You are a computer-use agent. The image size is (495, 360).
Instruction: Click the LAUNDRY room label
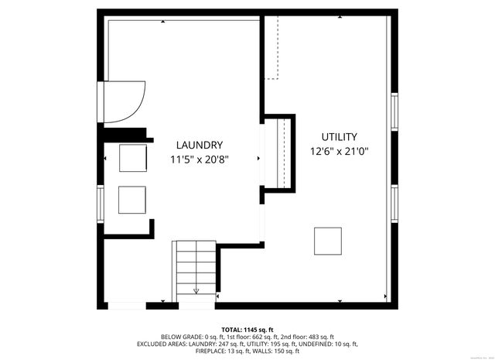[x=200, y=145]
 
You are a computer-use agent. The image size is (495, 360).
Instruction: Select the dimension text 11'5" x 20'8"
[x=200, y=159]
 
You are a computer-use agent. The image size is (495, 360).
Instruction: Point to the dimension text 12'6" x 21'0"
[x=339, y=152]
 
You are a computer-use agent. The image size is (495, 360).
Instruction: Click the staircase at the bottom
[x=196, y=268]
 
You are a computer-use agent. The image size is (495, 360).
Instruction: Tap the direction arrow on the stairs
[x=196, y=290]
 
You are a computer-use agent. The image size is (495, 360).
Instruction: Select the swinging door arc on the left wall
[x=124, y=101]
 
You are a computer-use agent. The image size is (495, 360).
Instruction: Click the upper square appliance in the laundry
[x=132, y=158]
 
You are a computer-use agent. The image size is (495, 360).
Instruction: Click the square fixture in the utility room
[x=328, y=241]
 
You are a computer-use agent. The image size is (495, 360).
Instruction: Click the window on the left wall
[x=100, y=203]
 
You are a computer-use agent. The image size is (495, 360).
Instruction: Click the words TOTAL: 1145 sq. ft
[x=247, y=330]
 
